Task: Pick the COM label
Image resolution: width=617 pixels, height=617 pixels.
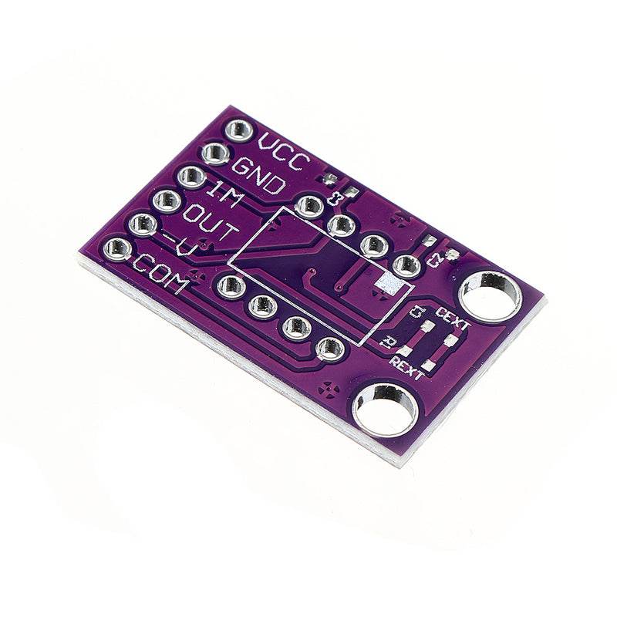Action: (160, 274)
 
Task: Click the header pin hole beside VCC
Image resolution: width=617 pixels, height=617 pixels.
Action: (239, 130)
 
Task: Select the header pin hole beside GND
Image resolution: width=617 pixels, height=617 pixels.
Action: (214, 153)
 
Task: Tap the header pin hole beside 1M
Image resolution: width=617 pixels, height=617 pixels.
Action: (190, 177)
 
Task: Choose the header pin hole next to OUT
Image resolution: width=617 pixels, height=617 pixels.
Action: (167, 201)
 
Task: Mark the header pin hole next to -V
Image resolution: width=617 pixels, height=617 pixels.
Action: (143, 225)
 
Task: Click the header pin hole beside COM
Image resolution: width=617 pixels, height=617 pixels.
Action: (118, 248)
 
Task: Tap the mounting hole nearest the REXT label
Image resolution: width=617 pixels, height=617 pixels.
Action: (385, 410)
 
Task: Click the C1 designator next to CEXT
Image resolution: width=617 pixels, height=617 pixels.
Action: (417, 312)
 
